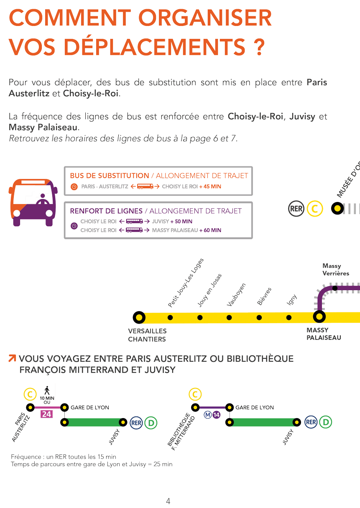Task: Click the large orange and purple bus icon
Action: coord(33,202)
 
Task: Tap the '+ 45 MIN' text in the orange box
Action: coord(210,186)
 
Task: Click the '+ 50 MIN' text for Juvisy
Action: coord(181,221)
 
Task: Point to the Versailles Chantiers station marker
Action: coord(139,317)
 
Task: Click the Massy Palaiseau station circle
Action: coord(319,317)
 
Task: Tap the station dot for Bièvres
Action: coord(259,317)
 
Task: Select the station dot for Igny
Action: coord(289,317)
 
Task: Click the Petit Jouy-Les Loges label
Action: coord(186,283)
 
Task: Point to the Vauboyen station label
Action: coord(236,295)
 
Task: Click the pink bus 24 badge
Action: coord(47,414)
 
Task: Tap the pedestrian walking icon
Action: coord(47,391)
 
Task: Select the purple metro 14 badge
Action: coord(217,415)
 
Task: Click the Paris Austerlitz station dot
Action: coord(30,408)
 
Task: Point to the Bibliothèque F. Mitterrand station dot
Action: coord(195,408)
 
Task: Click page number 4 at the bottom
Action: coord(168,501)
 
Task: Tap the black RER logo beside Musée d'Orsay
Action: coord(296,209)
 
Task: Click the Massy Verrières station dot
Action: coord(335,288)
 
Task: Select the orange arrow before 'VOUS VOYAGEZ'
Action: coord(12,358)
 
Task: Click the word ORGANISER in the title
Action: coord(205,18)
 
